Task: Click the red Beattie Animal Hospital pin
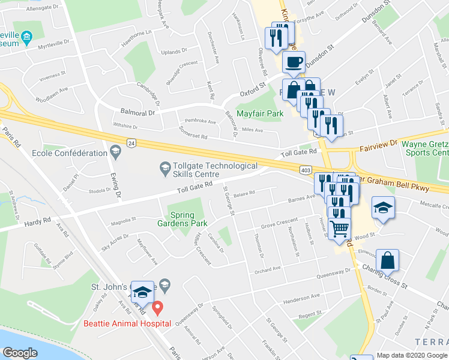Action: pyautogui.click(x=157, y=309)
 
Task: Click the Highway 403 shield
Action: pyautogui.click(x=306, y=171)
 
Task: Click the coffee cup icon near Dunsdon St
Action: pyautogui.click(x=294, y=62)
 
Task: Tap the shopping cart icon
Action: pyautogui.click(x=340, y=228)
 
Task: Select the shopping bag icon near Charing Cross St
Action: pyautogui.click(x=388, y=260)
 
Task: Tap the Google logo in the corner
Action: pyautogui.click(x=20, y=353)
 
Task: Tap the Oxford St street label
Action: pyautogui.click(x=253, y=89)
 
